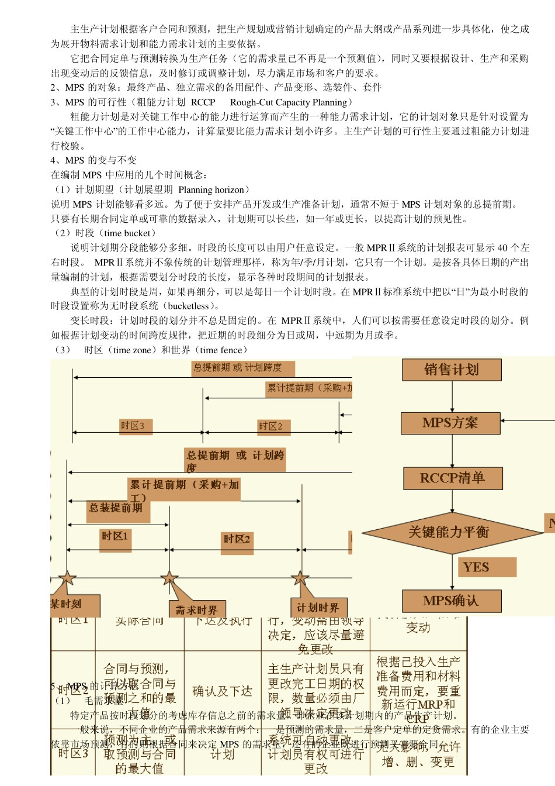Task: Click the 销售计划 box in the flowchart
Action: click(452, 370)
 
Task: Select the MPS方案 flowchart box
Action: click(450, 423)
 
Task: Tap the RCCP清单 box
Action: click(453, 478)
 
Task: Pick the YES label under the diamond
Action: click(477, 567)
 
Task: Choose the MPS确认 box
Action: click(451, 601)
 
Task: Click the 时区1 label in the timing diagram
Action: click(115, 536)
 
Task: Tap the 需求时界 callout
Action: click(197, 610)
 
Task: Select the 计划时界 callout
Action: click(318, 608)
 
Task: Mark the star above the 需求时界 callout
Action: click(169, 579)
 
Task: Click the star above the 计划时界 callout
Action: click(300, 579)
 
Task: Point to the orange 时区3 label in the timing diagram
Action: click(133, 426)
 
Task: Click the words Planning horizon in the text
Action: click(211, 189)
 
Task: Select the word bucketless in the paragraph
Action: click(188, 306)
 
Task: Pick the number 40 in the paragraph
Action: click(502, 247)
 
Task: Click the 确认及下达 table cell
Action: click(222, 691)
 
